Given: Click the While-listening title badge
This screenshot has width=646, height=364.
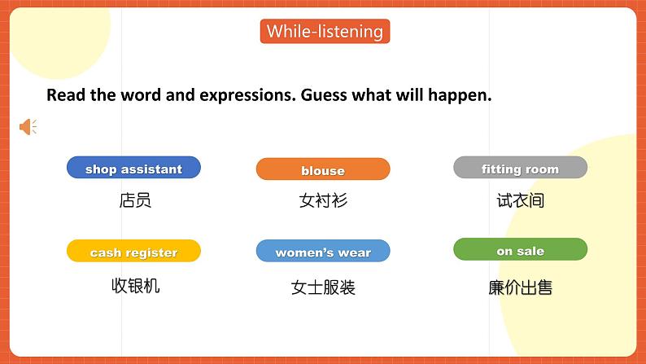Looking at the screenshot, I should (x=325, y=32).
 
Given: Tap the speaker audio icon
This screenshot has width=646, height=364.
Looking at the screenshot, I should (x=28, y=127).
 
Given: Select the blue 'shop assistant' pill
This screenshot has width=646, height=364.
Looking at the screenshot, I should (x=133, y=169).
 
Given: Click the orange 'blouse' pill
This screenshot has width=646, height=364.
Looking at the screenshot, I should (x=323, y=169).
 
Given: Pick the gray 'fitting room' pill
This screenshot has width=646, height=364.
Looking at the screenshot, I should (x=520, y=169).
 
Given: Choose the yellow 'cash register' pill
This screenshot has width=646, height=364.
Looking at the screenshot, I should (x=133, y=252).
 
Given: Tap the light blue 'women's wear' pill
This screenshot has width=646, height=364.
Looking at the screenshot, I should (x=323, y=252).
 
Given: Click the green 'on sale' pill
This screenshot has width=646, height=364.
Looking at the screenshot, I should (x=520, y=250).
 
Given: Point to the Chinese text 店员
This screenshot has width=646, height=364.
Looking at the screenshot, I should (x=135, y=200).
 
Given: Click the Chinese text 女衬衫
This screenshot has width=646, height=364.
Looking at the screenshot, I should (x=323, y=200).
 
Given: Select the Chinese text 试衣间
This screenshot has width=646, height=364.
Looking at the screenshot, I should (x=520, y=200).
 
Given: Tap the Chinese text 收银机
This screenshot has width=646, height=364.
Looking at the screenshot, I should (x=135, y=286).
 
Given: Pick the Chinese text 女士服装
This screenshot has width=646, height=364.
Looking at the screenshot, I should (x=323, y=287).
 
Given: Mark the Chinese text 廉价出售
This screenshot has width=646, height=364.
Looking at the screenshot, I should (x=520, y=287).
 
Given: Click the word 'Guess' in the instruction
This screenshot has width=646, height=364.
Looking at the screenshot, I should (x=325, y=95).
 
